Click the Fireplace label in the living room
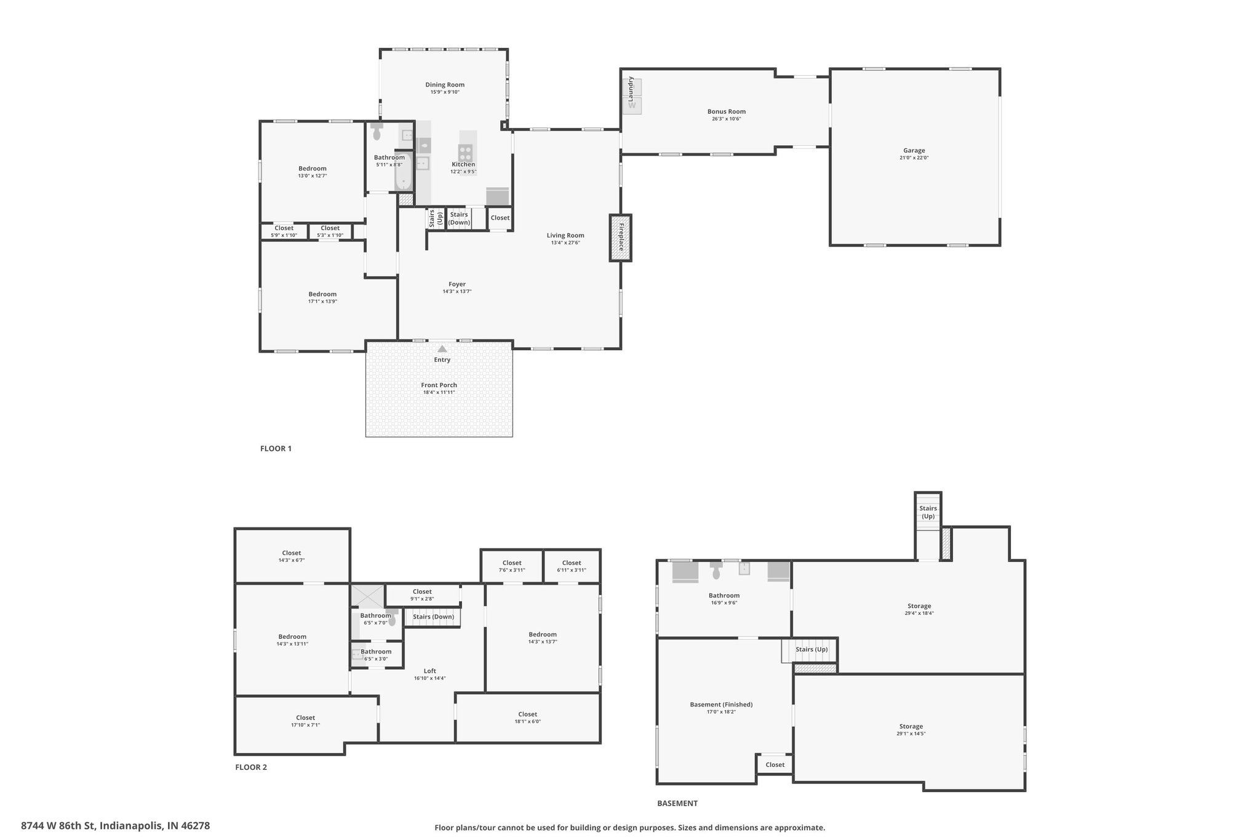tap(621, 238)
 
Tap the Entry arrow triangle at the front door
tap(442, 349)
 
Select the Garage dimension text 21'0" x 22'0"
tap(914, 158)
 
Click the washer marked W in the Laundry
tap(632, 105)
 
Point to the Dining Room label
tap(445, 85)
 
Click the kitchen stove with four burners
tap(465, 152)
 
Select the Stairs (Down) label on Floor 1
tap(459, 218)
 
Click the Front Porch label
tap(439, 385)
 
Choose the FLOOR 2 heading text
tap(251, 767)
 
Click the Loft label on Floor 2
tap(429, 671)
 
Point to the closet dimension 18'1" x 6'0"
tap(527, 722)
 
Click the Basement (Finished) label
tap(721, 705)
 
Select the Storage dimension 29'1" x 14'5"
tap(911, 734)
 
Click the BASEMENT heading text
tap(677, 803)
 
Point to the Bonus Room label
tap(726, 112)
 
